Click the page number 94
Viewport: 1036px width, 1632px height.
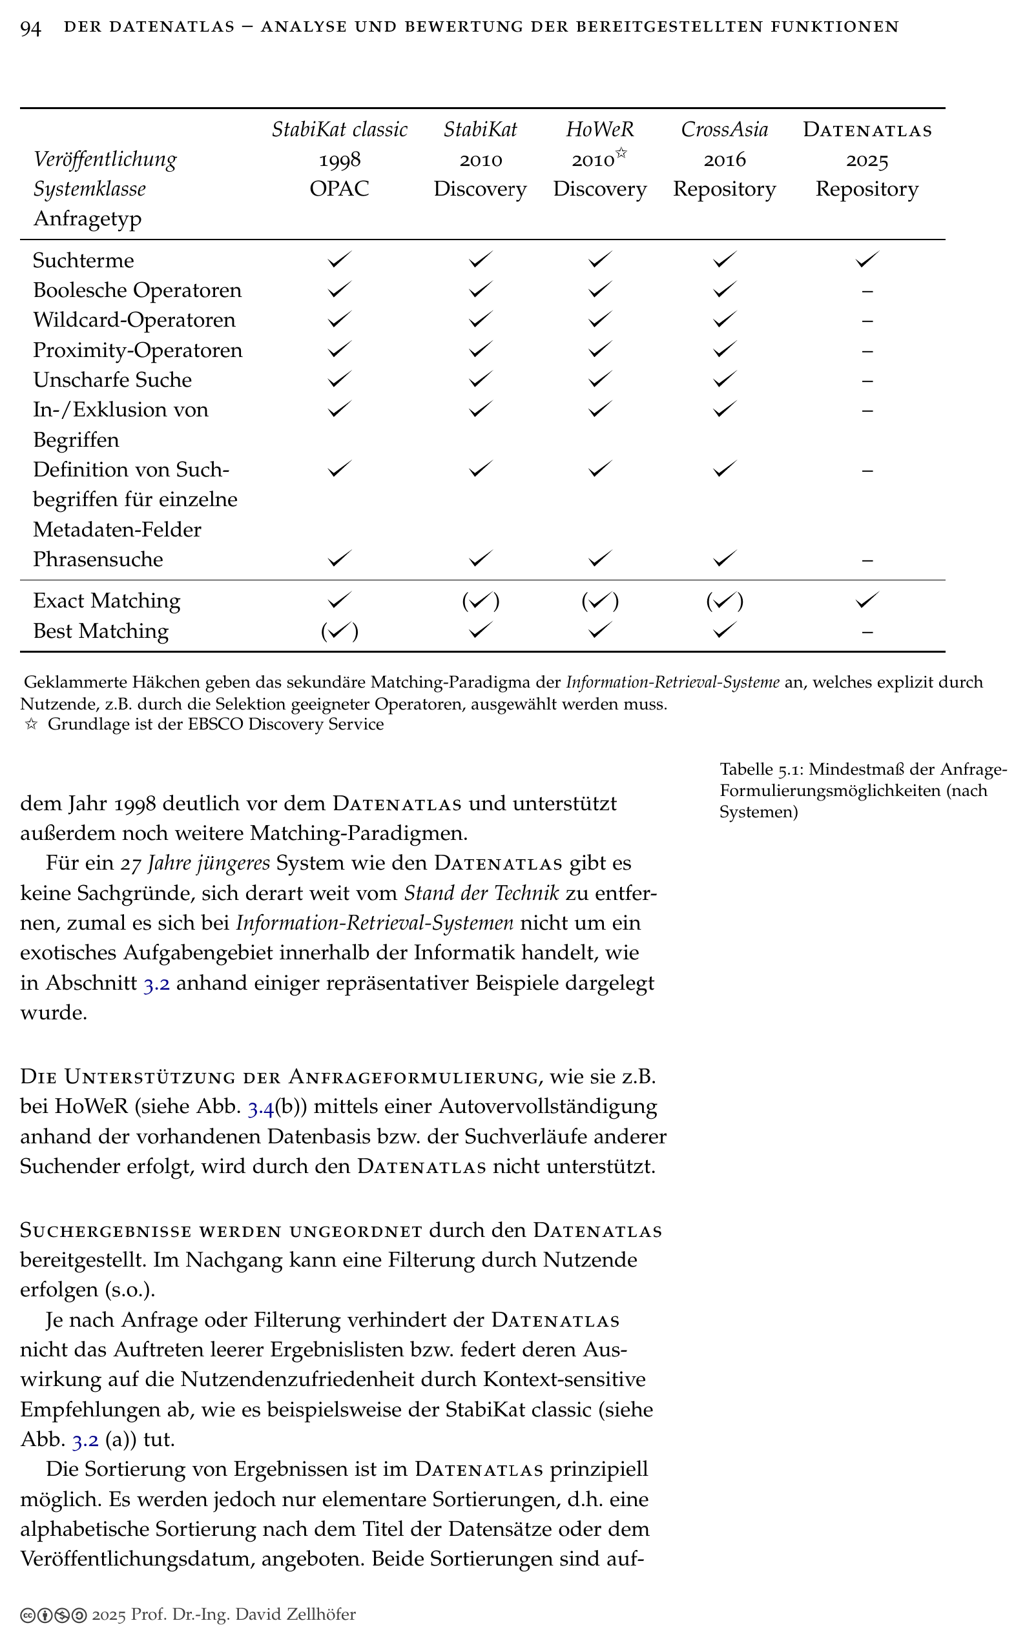(30, 28)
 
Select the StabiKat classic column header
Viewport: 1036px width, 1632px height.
(339, 130)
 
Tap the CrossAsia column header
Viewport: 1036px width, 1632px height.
(724, 130)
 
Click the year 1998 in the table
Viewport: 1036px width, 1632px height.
(339, 160)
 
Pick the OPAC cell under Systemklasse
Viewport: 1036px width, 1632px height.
(339, 189)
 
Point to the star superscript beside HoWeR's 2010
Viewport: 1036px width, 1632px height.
(621, 154)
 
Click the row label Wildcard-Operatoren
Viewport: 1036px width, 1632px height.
(134, 320)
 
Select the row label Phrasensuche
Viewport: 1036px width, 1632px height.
(98, 560)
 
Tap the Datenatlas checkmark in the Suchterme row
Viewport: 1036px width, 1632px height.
(867, 260)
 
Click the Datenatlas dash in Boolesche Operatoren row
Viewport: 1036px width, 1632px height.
(867, 291)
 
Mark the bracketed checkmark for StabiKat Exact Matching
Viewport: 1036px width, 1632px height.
(480, 601)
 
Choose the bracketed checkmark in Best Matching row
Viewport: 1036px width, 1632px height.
(339, 631)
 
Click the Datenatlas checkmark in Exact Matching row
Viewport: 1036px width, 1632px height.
(867, 600)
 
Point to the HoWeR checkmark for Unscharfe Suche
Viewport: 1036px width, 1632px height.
(599, 380)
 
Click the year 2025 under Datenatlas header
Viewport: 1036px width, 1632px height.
(867, 161)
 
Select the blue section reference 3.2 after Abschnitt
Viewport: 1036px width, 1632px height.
(156, 983)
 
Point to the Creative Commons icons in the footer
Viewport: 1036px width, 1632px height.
(53, 1616)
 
